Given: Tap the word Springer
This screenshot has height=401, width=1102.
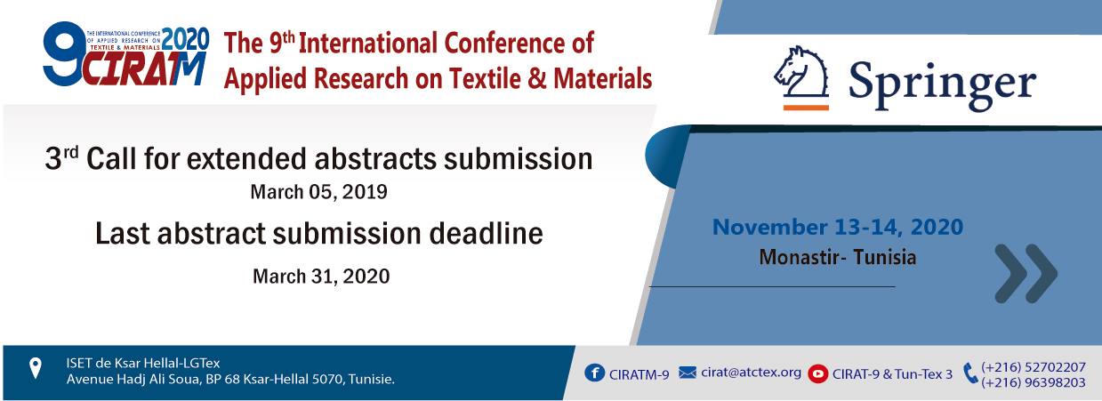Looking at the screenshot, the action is point(942,84).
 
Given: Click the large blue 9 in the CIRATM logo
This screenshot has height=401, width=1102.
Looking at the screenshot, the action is point(63,53).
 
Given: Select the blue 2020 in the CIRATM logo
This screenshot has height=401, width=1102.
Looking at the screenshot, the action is point(186,39).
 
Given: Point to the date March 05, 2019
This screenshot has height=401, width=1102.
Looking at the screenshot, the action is point(318,192).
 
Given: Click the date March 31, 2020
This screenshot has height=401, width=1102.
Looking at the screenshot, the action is point(321,277).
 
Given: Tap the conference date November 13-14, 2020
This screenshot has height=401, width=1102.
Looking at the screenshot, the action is point(838,228).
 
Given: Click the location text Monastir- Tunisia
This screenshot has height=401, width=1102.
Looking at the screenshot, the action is point(838,257).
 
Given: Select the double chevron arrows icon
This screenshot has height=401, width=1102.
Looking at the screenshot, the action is point(1026,273).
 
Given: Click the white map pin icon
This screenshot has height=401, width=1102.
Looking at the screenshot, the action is point(36,368).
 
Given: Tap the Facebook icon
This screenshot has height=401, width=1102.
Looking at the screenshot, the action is point(594,373).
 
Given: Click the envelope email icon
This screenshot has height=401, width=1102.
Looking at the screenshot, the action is point(688,373).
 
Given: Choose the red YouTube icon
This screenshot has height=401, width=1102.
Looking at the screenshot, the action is point(817,374).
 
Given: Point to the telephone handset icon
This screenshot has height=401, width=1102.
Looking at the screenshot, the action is point(970,373).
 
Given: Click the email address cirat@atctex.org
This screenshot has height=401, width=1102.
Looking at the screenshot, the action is point(752,373).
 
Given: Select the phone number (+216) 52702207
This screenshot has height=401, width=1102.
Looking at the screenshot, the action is point(1034,367).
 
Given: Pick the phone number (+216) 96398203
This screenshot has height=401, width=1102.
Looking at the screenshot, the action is point(1034,382).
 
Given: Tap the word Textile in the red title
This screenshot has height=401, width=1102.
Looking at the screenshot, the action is point(485,79).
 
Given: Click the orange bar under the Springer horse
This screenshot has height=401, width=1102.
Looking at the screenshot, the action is point(806,108).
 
